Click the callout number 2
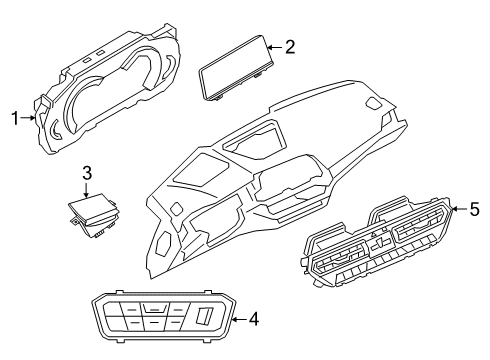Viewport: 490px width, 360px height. tap(290, 46)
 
